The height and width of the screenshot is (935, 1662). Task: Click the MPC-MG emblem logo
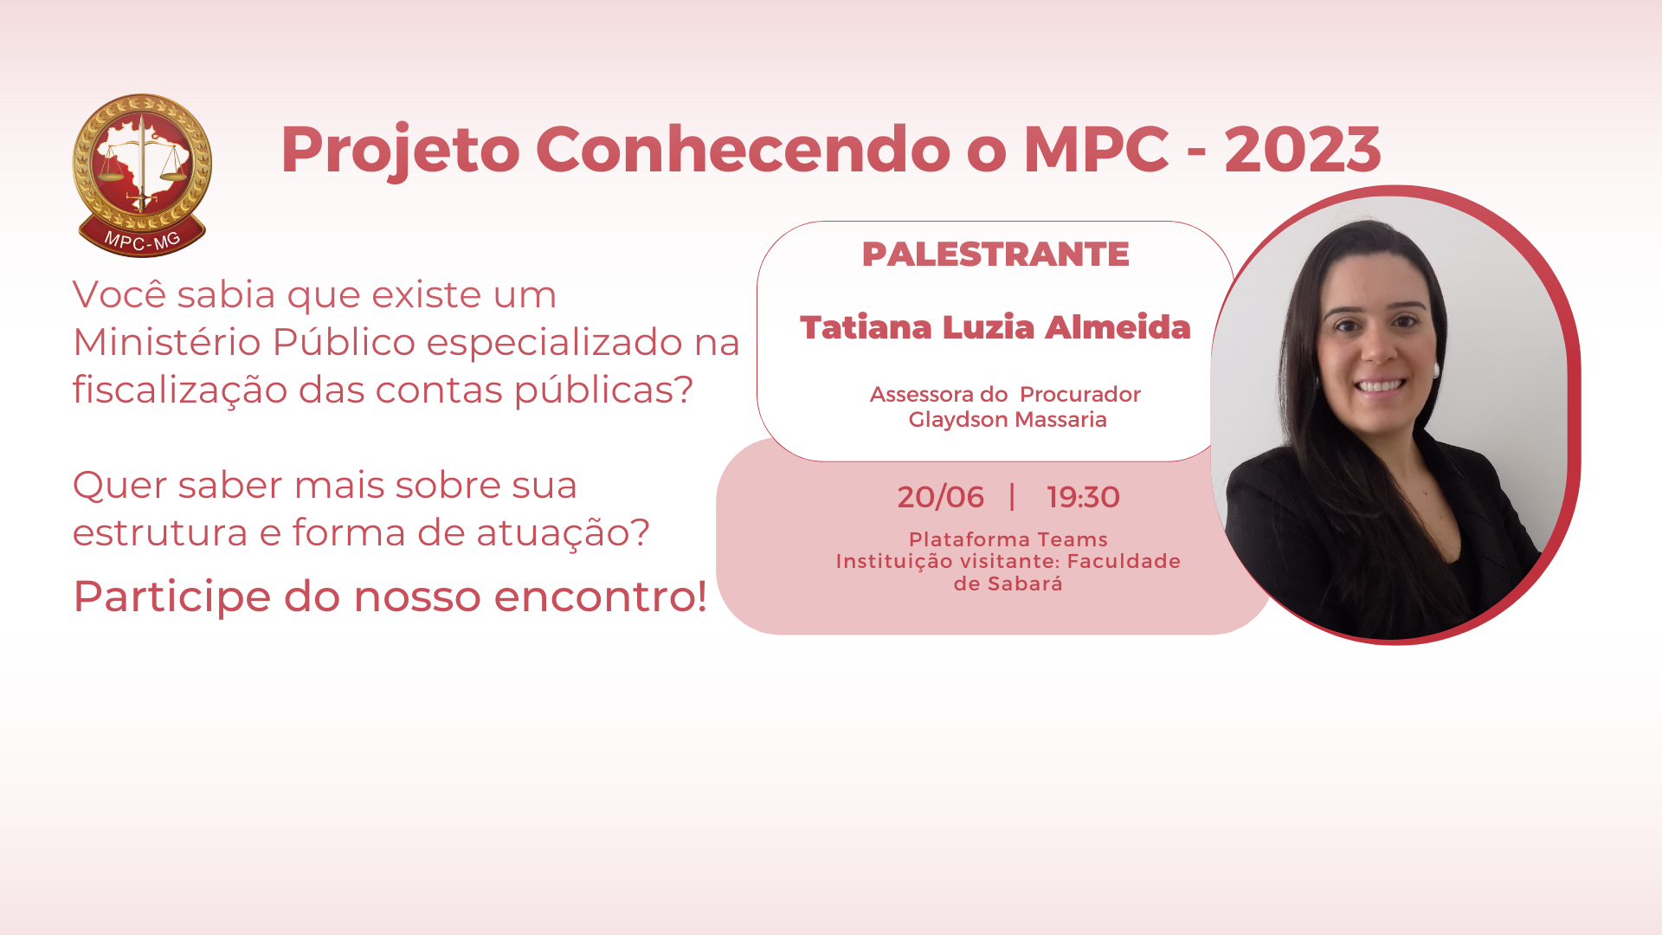coord(142,176)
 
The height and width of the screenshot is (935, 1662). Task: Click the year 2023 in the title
coord(1302,150)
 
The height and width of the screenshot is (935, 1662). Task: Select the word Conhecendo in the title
coord(744,149)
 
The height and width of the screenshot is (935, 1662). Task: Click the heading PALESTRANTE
coord(995,255)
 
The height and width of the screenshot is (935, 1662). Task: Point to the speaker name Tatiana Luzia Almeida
coord(995,327)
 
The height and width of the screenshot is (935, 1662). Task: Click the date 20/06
coord(940,497)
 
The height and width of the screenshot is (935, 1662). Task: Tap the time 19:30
coord(1083,497)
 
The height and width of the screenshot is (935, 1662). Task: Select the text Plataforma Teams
coord(1008,539)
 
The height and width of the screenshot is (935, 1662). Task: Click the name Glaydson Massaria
coord(1008,420)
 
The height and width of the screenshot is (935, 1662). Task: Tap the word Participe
coord(171,597)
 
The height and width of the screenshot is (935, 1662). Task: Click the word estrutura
coord(160,533)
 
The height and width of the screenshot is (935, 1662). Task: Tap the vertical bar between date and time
coord(1012,497)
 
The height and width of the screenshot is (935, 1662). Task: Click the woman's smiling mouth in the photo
coord(1379,385)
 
